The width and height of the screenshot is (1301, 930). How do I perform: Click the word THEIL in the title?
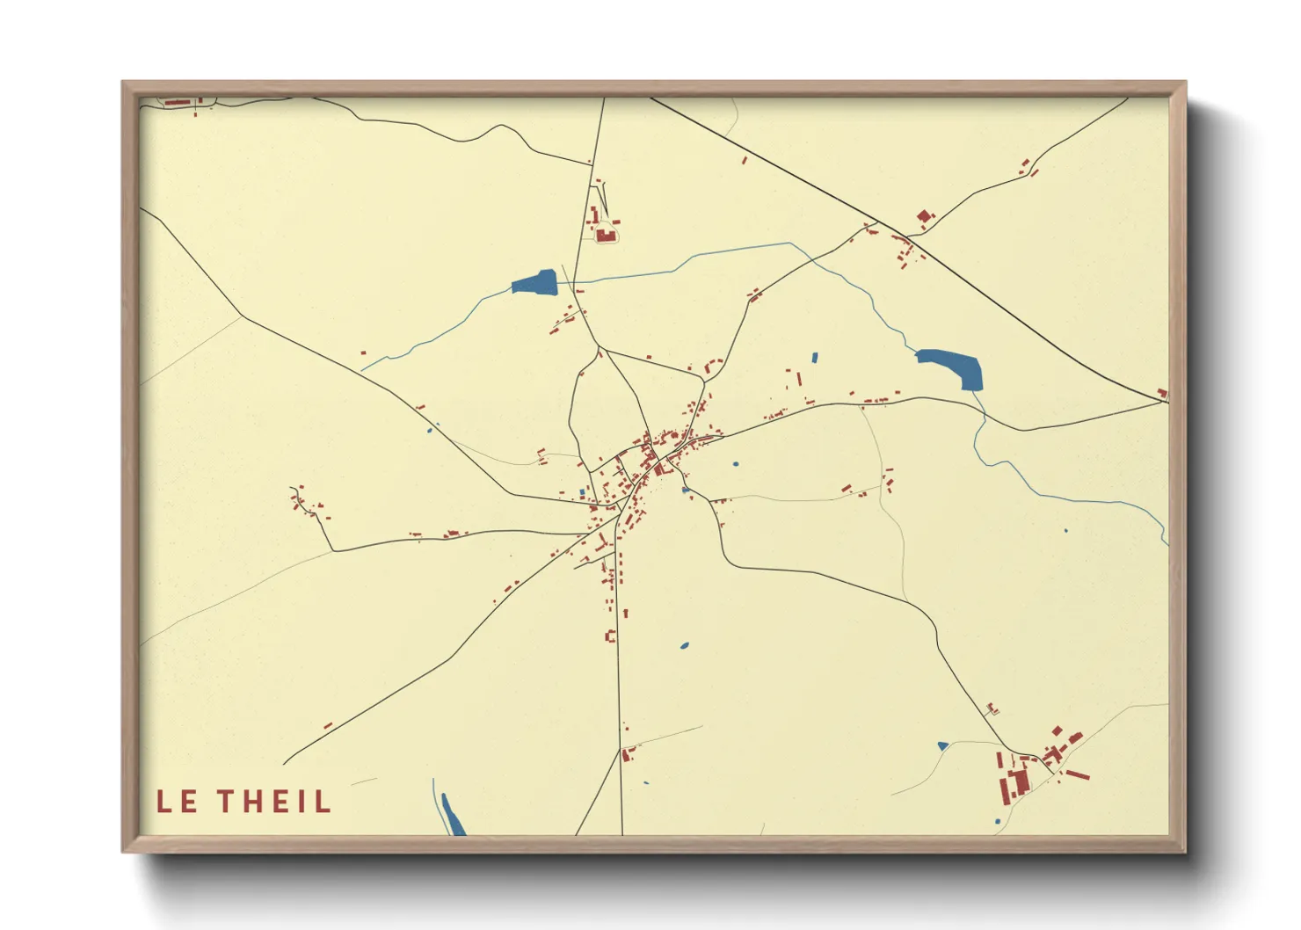[x=274, y=801]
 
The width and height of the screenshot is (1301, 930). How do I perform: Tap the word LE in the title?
[x=177, y=801]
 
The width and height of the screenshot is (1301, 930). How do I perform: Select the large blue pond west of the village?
[x=535, y=282]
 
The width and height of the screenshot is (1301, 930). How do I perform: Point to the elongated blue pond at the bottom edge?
[x=452, y=815]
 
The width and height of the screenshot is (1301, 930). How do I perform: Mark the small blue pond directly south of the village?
[x=684, y=646]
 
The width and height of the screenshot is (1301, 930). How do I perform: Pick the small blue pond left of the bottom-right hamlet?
[x=942, y=746]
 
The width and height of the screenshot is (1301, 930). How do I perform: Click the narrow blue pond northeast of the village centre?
[x=814, y=358]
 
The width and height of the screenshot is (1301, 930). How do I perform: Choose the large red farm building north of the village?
[x=605, y=234]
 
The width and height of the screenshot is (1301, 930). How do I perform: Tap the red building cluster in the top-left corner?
[x=181, y=103]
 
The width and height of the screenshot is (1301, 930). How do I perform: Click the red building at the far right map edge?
[x=1162, y=393]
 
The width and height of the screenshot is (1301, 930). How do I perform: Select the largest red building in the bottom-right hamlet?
[x=1020, y=781]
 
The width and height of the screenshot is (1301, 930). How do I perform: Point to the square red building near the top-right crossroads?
[x=923, y=215]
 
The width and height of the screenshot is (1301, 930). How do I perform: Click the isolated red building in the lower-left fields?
[x=328, y=725]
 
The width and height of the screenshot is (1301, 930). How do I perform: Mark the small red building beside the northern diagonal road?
[x=745, y=161]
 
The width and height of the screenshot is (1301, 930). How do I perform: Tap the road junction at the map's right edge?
[x=1167, y=401]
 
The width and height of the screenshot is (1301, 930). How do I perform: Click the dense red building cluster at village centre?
[x=656, y=453]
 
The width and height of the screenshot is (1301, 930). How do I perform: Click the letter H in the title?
[x=250, y=801]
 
